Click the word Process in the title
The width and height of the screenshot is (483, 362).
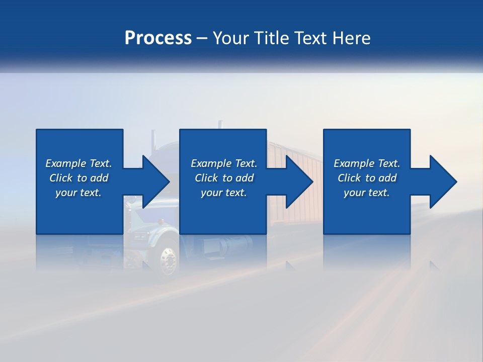coord(158,38)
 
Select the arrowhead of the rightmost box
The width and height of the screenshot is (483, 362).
coord(443,182)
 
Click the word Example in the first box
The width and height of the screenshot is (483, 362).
coord(66,163)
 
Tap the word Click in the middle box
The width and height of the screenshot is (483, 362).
coord(206,178)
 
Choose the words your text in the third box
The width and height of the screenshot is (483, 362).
coord(366,193)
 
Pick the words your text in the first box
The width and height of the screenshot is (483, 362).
coord(78,193)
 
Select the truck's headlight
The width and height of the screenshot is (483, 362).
coord(140,236)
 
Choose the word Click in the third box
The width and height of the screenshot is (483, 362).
coord(349,178)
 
